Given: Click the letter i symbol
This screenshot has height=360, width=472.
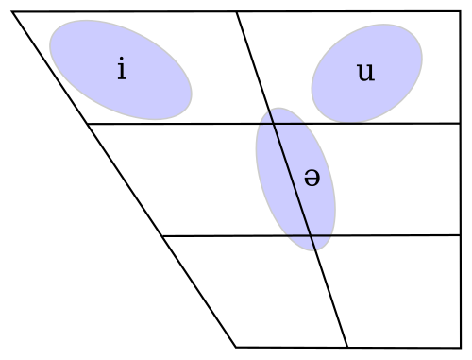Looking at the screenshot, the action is tap(122, 68).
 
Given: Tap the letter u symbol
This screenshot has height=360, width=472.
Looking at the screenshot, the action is tap(366, 72).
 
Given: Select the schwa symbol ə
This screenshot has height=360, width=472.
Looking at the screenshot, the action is tap(312, 178).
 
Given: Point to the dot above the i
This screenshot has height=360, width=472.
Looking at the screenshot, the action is tap(122, 59).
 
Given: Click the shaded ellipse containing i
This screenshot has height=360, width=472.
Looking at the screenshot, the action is tap(121, 70).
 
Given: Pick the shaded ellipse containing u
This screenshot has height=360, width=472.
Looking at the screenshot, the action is tap(367, 73).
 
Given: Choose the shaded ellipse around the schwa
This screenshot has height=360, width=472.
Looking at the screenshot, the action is tap(295, 180).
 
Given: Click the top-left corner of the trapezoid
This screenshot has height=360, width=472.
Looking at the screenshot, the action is tap(12, 11).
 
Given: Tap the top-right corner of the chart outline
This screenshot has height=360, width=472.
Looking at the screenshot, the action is tap(461, 11).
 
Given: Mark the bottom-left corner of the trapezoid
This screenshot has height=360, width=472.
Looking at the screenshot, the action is tap(236, 347).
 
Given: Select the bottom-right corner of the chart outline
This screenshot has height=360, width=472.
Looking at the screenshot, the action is tap(461, 348).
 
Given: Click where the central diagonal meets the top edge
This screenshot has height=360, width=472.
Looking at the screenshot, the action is tap(237, 12).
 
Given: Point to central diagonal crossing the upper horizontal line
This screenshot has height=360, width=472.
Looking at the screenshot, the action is tap(274, 124).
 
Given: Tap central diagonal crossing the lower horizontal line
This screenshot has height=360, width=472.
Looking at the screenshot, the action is tap(311, 235).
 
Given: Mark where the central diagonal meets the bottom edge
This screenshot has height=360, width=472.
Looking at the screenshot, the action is tap(347, 347).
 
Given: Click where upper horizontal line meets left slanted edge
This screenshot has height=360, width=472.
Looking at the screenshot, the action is tap(88, 124).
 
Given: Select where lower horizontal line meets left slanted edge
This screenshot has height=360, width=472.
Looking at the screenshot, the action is tap(162, 235).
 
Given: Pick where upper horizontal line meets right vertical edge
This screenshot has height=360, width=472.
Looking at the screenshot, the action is tap(461, 123).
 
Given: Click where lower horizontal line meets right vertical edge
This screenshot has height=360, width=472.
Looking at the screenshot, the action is tap(461, 235).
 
